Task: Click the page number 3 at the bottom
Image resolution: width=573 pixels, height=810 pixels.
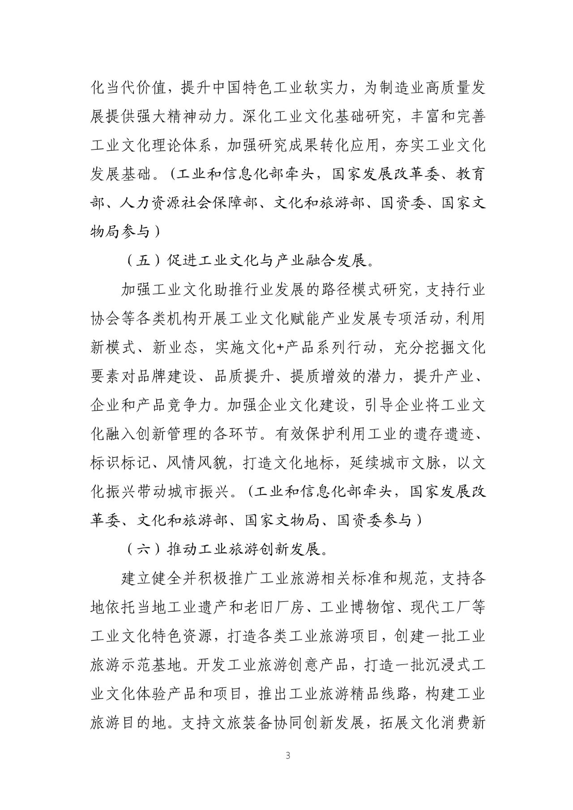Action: point(287,768)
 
